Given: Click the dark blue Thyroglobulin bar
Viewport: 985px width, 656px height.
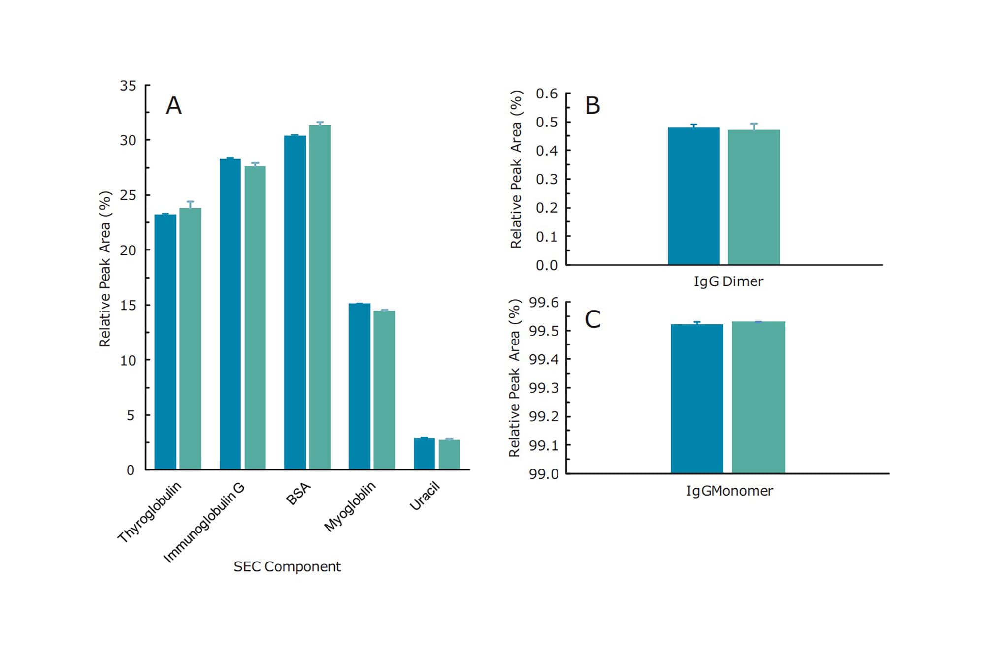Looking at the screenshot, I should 165,342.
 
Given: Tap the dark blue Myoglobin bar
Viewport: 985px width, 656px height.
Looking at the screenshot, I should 359,386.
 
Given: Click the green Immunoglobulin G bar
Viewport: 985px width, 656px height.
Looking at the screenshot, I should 255,317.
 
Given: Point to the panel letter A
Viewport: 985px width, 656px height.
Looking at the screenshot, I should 173,105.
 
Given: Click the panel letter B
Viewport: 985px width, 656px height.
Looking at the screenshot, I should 592,105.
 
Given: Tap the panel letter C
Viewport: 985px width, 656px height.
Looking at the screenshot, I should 592,319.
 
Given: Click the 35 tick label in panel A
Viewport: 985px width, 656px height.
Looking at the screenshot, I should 128,86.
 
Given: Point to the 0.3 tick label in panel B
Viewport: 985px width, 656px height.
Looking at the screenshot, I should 546,179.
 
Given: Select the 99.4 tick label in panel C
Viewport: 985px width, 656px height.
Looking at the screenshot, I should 544,359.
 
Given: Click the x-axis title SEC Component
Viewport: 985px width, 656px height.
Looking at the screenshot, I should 287,566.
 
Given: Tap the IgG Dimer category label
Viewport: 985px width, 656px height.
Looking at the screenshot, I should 728,281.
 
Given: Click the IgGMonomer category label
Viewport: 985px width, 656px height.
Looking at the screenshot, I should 729,491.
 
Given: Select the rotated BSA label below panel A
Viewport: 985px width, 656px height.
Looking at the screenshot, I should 298,494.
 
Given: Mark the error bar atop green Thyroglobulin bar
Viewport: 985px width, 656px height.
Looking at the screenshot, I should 190,204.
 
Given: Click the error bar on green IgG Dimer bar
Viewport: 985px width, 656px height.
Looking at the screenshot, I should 754,126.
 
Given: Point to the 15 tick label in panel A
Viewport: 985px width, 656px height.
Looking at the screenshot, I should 128,305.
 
